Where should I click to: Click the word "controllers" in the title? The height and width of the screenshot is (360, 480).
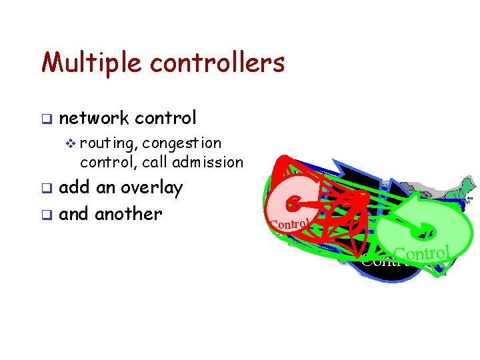(x=217, y=63)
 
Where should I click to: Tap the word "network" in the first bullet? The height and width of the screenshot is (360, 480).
(x=94, y=118)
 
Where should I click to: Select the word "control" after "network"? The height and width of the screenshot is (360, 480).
(x=165, y=118)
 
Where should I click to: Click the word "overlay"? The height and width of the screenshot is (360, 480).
(x=151, y=188)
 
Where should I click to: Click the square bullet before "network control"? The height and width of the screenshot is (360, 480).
(x=45, y=119)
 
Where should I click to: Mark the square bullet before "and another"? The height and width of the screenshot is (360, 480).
(x=45, y=215)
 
